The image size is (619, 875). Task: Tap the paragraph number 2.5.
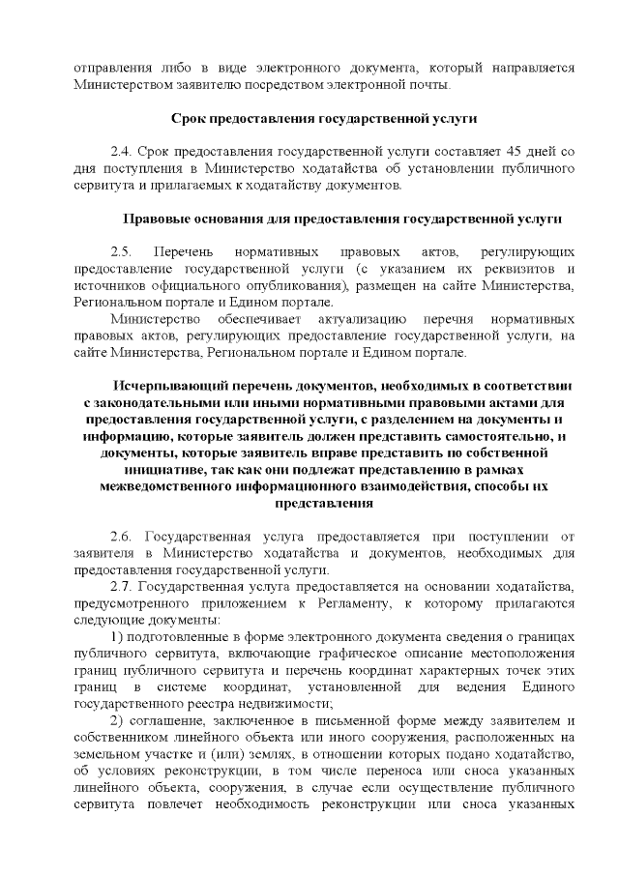point(122,250)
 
